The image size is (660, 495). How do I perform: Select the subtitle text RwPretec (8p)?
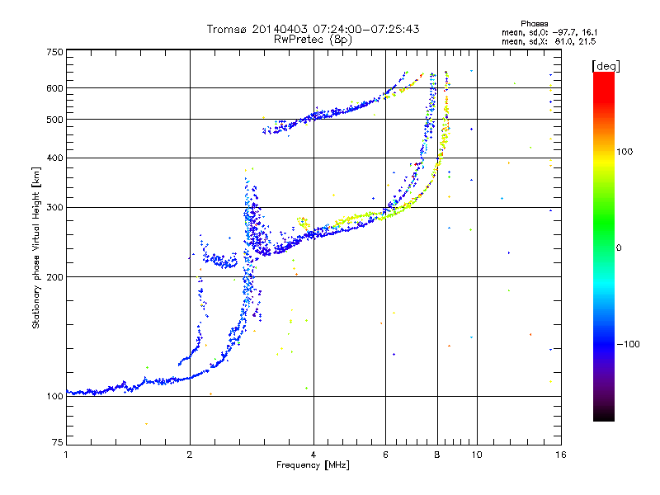click(313, 40)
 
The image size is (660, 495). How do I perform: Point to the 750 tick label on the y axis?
click(54, 52)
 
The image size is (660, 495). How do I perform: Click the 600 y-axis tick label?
click(54, 88)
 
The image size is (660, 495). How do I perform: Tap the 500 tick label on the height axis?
click(54, 120)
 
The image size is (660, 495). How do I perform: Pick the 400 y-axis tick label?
click(54, 158)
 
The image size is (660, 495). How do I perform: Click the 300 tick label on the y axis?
click(54, 208)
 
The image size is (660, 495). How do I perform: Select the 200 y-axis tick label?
click(54, 277)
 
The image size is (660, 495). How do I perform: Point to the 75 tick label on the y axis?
click(58, 442)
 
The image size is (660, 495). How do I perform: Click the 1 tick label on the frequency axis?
click(66, 455)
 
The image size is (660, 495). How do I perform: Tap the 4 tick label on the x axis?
click(313, 455)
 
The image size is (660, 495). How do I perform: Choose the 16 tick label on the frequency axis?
click(561, 455)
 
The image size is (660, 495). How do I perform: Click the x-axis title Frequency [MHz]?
click(313, 465)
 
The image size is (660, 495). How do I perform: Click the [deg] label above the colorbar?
click(606, 66)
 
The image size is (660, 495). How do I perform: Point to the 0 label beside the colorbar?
click(619, 248)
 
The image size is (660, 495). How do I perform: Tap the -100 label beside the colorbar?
click(629, 344)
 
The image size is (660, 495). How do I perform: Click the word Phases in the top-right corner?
click(534, 24)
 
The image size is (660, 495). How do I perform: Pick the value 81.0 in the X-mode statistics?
click(564, 42)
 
